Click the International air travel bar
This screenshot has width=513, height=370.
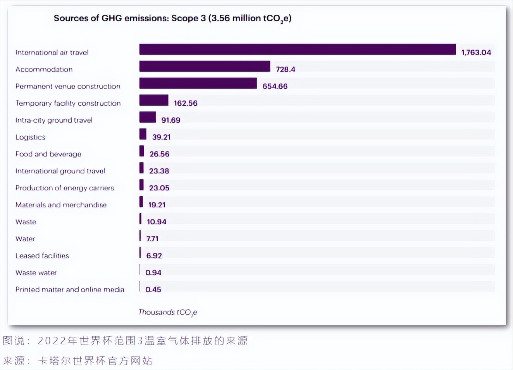pyautogui.click(x=297, y=50)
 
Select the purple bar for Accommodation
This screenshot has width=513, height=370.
pyautogui.click(x=205, y=67)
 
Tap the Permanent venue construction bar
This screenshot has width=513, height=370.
pyautogui.click(x=198, y=83)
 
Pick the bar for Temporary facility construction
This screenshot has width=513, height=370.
pyautogui.click(x=154, y=100)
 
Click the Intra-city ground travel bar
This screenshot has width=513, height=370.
pyautogui.click(x=148, y=117)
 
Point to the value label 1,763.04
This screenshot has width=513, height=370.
pyautogui.click(x=476, y=52)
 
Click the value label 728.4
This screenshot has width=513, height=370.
pyautogui.click(x=285, y=69)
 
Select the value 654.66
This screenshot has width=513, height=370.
pyautogui.click(x=275, y=86)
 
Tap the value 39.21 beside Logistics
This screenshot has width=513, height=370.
pyautogui.click(x=161, y=137)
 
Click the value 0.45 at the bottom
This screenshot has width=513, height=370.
pyautogui.click(x=153, y=289)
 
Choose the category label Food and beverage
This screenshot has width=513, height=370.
pyautogui.click(x=48, y=154)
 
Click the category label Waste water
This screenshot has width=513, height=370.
pyautogui.click(x=36, y=273)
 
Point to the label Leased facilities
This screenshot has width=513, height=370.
pyautogui.click(x=42, y=256)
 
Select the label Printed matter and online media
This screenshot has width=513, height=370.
pyautogui.click(x=70, y=289)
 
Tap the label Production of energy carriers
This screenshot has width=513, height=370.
pyautogui.click(x=65, y=188)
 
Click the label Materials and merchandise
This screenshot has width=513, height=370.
pyautogui.click(x=61, y=205)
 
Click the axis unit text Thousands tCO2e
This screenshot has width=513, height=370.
pyautogui.click(x=168, y=312)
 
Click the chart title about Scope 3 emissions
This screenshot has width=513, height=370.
pyautogui.click(x=172, y=18)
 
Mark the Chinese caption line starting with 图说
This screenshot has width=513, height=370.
pyautogui.click(x=125, y=341)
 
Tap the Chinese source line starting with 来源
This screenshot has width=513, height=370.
pyautogui.click(x=77, y=361)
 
